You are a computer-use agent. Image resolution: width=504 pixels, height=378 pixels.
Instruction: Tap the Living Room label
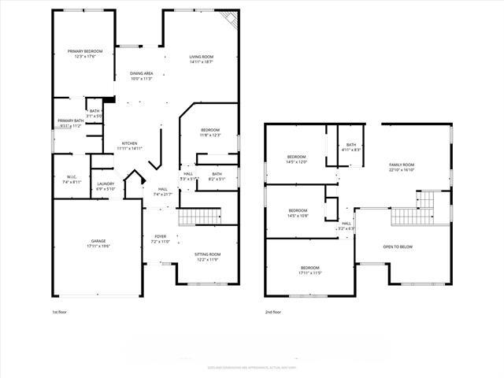(x=202, y=60)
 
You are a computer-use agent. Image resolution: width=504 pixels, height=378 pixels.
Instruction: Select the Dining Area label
(x=141, y=76)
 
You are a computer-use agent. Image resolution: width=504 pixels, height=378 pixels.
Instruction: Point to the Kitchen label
(x=130, y=146)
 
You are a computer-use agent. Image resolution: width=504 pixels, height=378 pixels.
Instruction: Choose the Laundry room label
(x=106, y=187)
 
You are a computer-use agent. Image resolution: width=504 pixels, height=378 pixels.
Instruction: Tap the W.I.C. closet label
(x=72, y=180)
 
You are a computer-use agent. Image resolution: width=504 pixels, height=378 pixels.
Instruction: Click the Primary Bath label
(x=69, y=123)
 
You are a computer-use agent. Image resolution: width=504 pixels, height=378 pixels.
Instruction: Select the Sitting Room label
(x=208, y=257)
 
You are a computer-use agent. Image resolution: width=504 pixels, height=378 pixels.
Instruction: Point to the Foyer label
(x=161, y=239)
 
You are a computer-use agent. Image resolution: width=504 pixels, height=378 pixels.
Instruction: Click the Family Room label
(x=402, y=167)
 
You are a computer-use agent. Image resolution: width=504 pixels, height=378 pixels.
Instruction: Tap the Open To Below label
(x=398, y=246)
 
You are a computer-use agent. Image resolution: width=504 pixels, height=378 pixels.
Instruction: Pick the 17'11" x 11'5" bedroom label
(x=309, y=270)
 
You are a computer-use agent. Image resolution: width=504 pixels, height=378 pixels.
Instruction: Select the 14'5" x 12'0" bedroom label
(x=297, y=160)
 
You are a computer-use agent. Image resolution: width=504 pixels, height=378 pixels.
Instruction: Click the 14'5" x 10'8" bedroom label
(x=298, y=213)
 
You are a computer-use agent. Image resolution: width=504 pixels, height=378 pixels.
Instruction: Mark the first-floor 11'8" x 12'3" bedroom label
(x=209, y=132)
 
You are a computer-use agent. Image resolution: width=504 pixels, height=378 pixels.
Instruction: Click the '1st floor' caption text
(x=59, y=312)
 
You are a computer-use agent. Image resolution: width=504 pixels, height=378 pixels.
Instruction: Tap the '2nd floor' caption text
(x=273, y=312)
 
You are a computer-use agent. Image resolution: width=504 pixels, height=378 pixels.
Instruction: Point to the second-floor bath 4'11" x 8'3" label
(x=351, y=147)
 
